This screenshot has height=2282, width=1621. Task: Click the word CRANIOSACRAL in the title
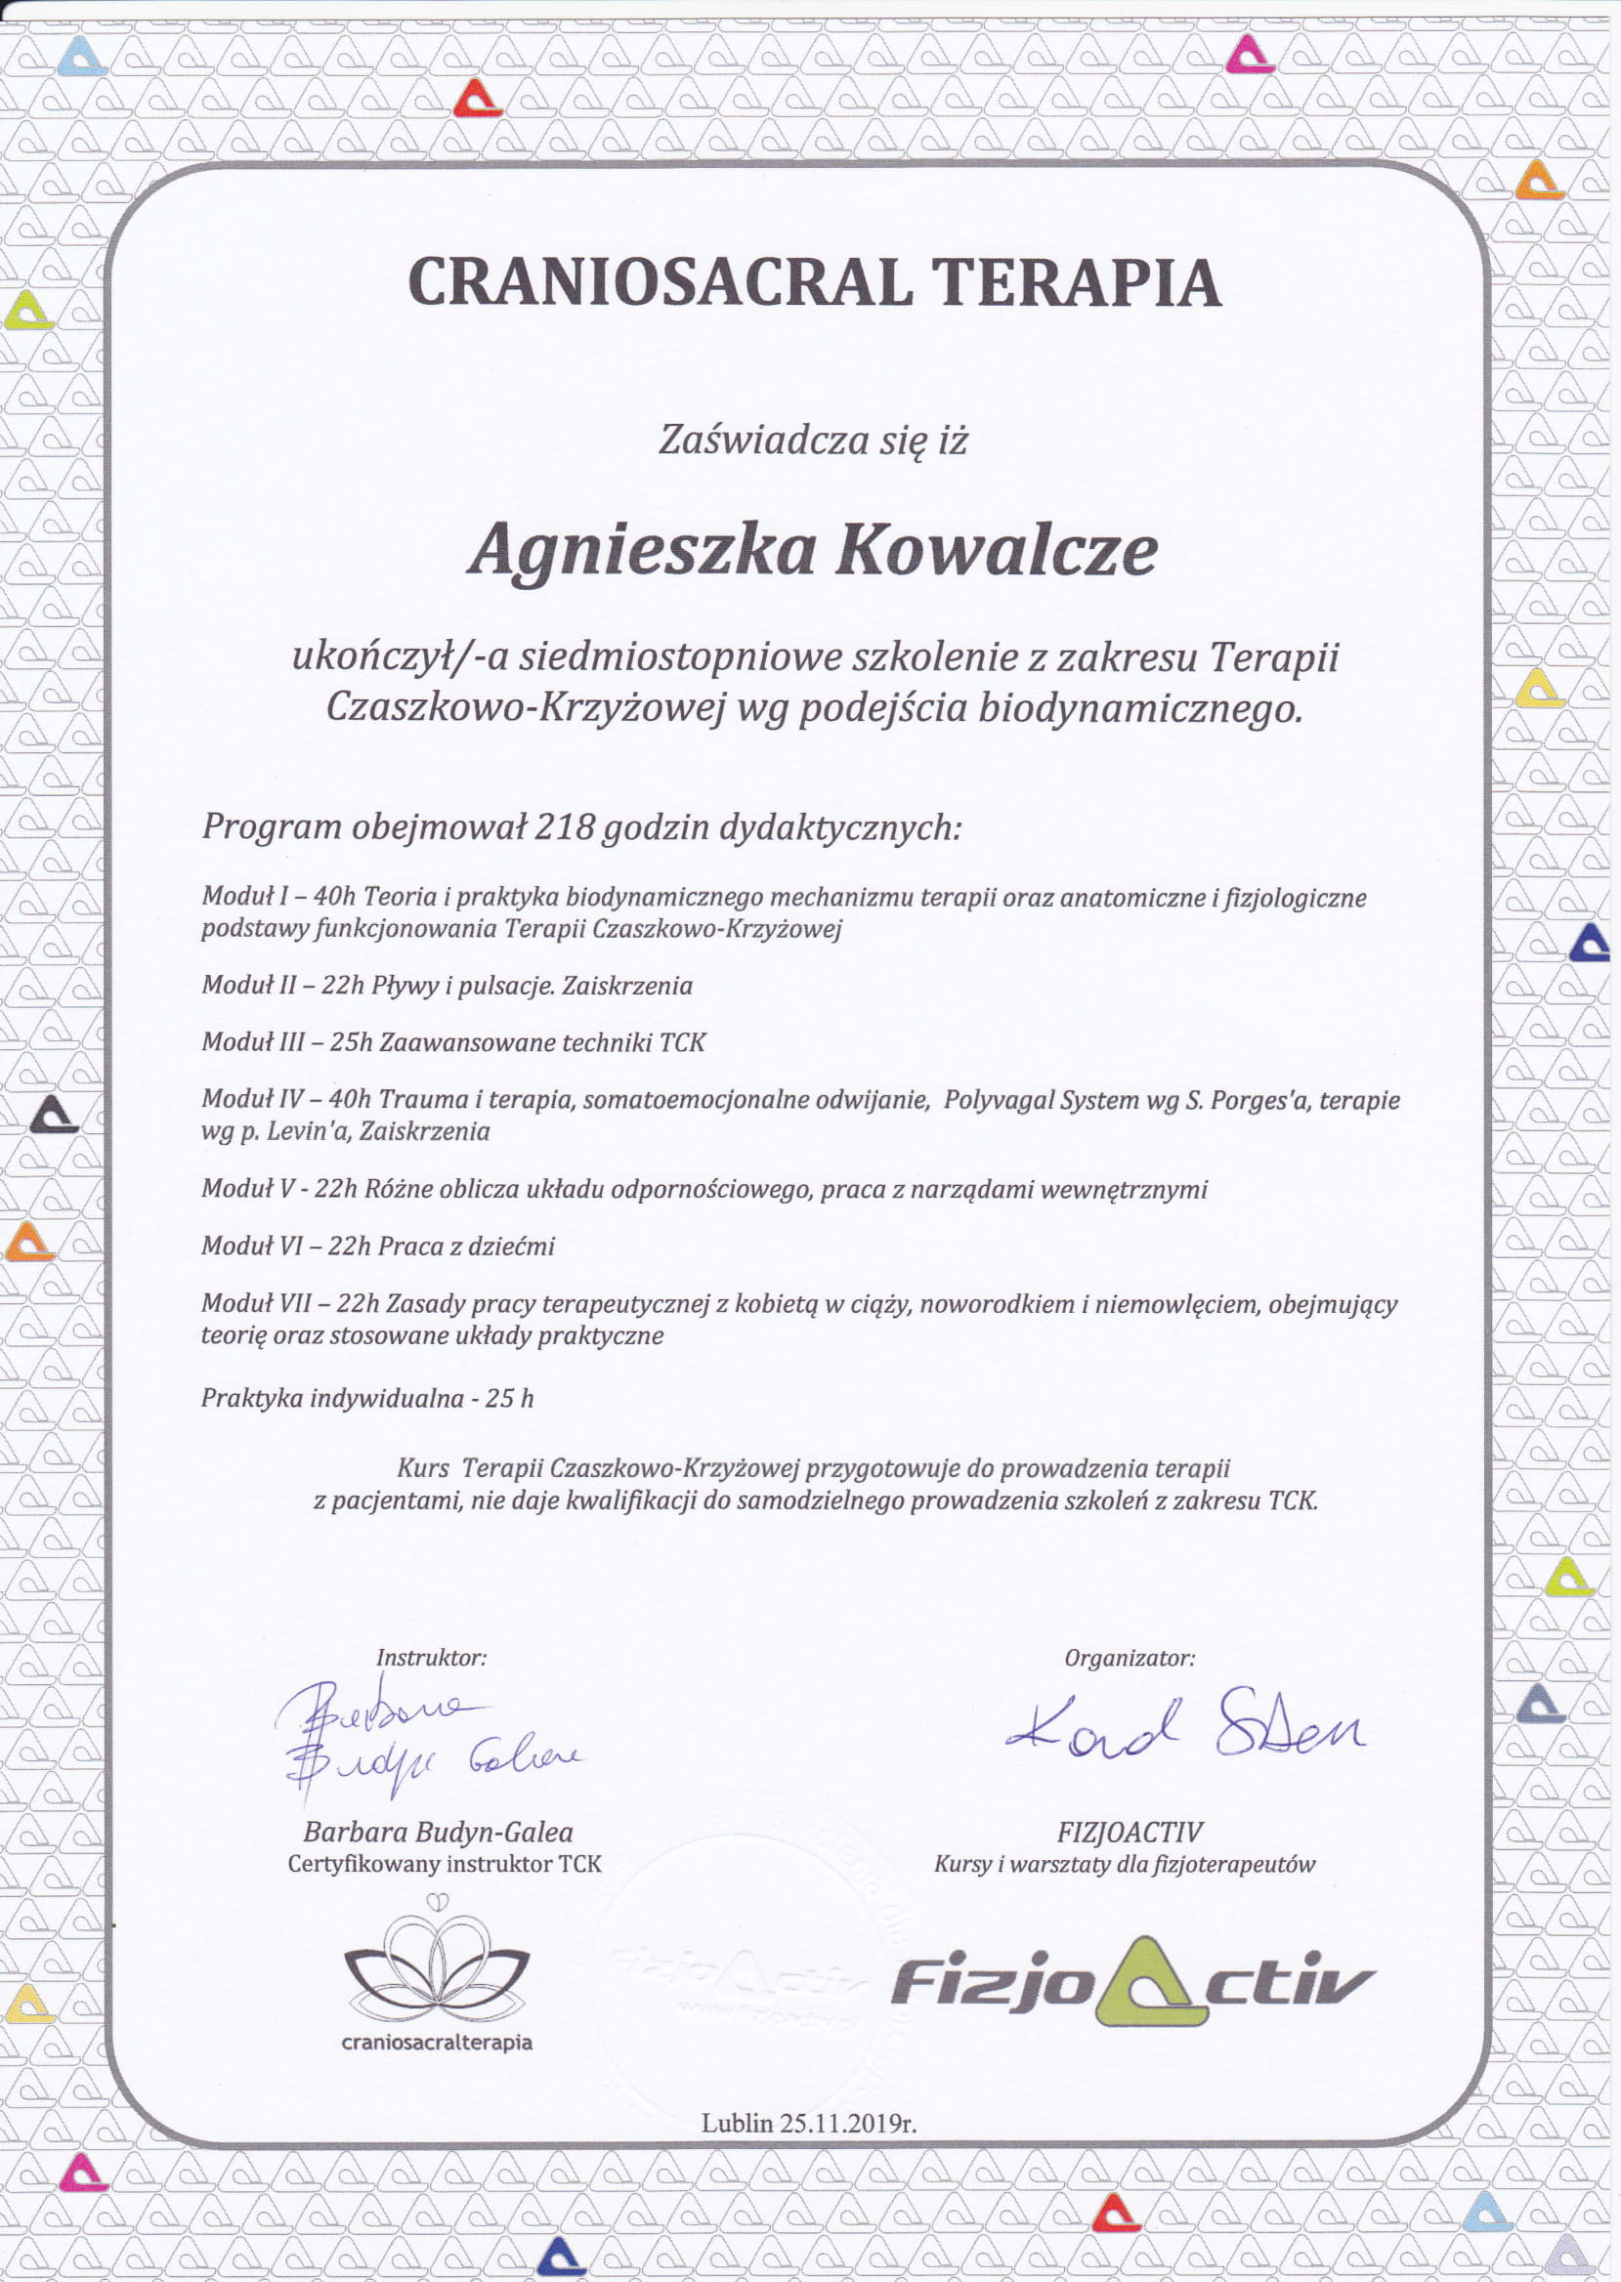659,282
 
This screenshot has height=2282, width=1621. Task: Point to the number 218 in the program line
565,827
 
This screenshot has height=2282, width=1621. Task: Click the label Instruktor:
431,1659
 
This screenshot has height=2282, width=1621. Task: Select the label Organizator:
1129,1659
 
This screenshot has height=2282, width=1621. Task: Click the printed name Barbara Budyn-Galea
438,1832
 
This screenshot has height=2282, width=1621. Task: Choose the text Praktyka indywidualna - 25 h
367,1399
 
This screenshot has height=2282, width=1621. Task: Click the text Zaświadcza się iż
813,440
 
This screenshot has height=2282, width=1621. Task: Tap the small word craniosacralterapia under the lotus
436,2043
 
